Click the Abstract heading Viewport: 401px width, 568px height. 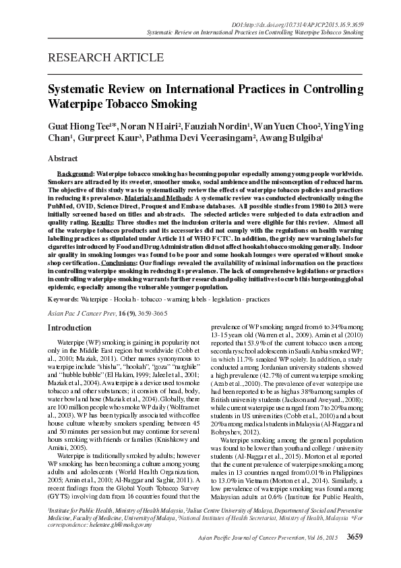(63, 159)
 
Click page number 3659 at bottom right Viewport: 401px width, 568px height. (355, 555)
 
